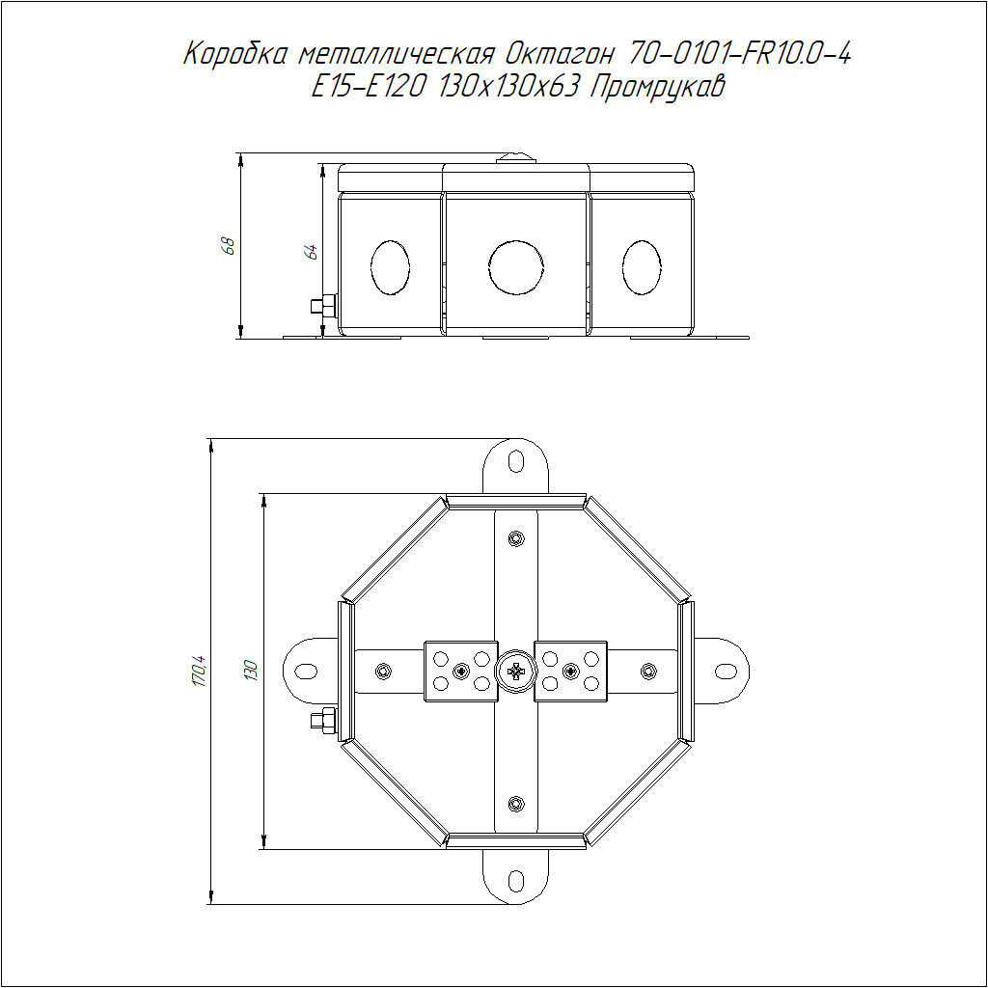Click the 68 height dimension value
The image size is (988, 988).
tap(230, 246)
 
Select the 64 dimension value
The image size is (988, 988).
tap(312, 252)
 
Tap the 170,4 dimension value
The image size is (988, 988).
tap(199, 672)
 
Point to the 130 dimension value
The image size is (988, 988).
tap(250, 670)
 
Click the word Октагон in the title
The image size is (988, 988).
tap(559, 55)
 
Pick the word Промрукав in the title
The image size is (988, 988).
tap(657, 87)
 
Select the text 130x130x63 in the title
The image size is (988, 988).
tap(508, 87)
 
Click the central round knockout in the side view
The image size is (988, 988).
tap(516, 266)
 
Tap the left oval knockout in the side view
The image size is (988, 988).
tap(390, 267)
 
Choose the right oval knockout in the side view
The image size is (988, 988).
tap(642, 267)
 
